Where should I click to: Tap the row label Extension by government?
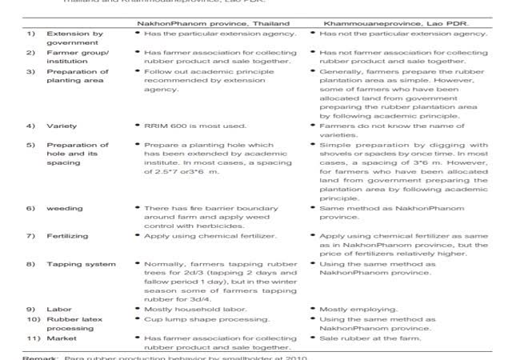pyautogui.click(x=75, y=38)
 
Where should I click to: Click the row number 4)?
pyautogui.click(x=31, y=126)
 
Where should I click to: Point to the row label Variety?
pyautogui.click(x=62, y=126)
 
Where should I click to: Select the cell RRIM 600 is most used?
pyautogui.click(x=196, y=126)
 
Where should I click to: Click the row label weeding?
pyautogui.click(x=65, y=208)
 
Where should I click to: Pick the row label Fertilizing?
pyautogui.click(x=67, y=236)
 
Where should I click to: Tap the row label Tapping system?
pyautogui.click(x=81, y=264)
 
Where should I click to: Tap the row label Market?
pyautogui.click(x=62, y=338)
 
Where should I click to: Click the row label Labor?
pyautogui.click(x=58, y=309)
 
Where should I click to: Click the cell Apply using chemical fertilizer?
pyautogui.click(x=211, y=236)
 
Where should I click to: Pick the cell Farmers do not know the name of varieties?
pyautogui.click(x=392, y=130)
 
